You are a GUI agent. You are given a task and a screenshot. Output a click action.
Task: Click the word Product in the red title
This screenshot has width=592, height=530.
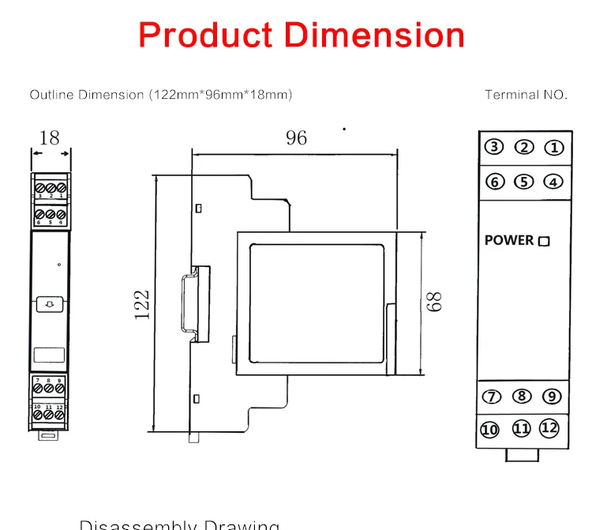point(207,35)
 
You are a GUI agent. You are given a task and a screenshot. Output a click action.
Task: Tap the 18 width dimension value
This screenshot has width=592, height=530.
point(49,137)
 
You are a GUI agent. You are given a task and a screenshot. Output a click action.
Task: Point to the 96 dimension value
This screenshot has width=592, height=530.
point(296,137)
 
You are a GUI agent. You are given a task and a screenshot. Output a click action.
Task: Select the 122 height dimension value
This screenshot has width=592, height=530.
point(142,305)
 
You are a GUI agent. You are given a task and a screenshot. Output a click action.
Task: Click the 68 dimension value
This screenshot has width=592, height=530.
point(434,301)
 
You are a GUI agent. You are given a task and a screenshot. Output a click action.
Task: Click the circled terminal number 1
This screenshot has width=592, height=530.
point(555,148)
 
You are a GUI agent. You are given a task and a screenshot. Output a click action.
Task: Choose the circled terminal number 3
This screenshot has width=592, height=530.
point(494,148)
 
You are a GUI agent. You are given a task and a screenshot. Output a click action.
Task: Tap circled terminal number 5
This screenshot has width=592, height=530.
point(524,182)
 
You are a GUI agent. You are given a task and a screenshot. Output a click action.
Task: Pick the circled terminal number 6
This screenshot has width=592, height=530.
point(494,182)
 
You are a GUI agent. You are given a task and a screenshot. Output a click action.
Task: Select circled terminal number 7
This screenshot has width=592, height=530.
point(491,397)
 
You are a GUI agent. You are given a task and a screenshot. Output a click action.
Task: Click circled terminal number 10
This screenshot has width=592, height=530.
point(490,430)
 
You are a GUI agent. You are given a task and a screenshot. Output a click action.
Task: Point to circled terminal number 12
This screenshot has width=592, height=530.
point(549,428)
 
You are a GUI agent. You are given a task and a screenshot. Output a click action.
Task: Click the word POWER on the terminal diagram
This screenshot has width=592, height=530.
point(509,240)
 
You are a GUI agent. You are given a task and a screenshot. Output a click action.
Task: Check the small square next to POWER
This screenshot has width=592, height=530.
point(543,242)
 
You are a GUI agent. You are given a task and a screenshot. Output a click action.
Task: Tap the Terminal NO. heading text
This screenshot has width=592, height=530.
point(526,95)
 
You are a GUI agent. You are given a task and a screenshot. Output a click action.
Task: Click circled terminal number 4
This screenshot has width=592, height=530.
point(554,182)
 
